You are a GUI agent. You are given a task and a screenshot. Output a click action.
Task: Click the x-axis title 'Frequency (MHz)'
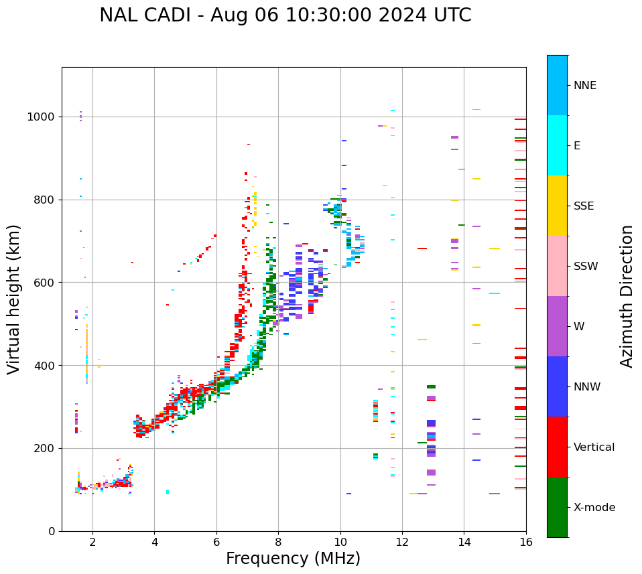pyautogui.click(x=293, y=559)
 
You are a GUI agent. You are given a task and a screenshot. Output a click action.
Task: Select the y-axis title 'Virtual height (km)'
pyautogui.click(x=14, y=299)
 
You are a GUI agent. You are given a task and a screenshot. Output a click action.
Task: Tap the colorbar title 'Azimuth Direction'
pyautogui.click(x=627, y=296)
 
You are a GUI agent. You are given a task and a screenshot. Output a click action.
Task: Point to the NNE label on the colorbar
pyautogui.click(x=584, y=86)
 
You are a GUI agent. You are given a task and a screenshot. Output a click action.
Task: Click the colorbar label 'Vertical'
pyautogui.click(x=594, y=447)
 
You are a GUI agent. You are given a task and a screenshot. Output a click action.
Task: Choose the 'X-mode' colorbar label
pyautogui.click(x=594, y=508)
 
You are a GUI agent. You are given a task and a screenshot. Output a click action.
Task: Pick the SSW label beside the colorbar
pyautogui.click(x=586, y=267)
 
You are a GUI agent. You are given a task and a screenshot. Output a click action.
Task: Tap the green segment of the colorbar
pyautogui.click(x=557, y=507)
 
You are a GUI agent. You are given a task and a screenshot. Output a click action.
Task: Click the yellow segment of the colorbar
pyautogui.click(x=557, y=206)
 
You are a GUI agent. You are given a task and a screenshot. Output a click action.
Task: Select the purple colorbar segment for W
pyautogui.click(x=557, y=326)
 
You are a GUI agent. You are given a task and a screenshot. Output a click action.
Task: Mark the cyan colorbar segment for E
pyautogui.click(x=557, y=145)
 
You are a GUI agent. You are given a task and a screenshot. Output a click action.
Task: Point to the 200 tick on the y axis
pyautogui.click(x=46, y=449)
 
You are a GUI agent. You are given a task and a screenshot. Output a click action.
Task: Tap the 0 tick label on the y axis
pyautogui.click(x=52, y=531)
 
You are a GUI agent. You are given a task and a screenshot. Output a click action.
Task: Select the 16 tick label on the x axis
pyautogui.click(x=525, y=542)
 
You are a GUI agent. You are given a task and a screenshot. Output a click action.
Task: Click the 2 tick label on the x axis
pyautogui.click(x=92, y=542)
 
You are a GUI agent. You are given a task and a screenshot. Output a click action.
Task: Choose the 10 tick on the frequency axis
pyautogui.click(x=340, y=542)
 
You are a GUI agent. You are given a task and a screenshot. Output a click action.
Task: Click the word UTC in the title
pyautogui.click(x=452, y=15)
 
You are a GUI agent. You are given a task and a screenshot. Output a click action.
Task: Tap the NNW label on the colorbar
pyautogui.click(x=587, y=387)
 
